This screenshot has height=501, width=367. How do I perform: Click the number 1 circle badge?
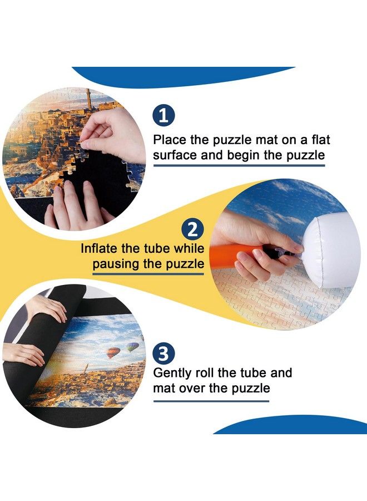click(x=163, y=116)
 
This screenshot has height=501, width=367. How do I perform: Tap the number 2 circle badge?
click(x=192, y=230)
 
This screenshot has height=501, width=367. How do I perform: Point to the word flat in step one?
click(x=318, y=140)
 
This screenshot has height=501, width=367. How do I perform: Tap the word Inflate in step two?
click(x=101, y=248)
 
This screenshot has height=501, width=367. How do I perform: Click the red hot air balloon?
click(x=113, y=353)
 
